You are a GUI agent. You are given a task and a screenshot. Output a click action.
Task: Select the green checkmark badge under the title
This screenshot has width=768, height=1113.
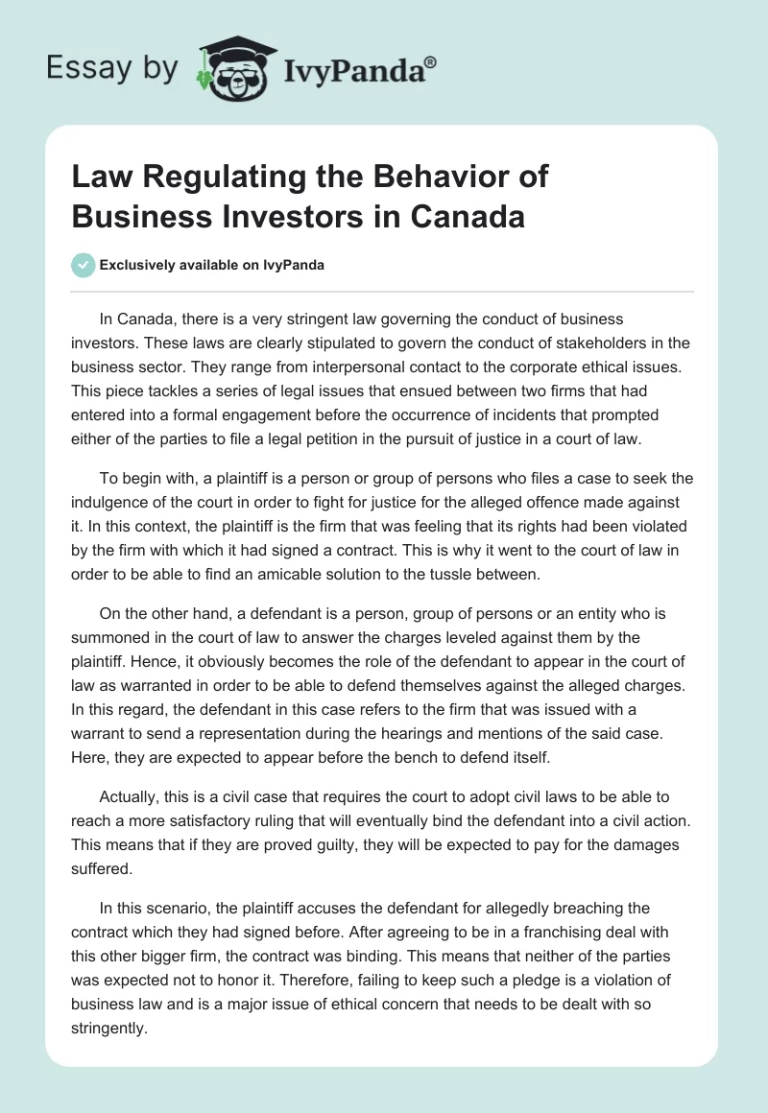(x=84, y=265)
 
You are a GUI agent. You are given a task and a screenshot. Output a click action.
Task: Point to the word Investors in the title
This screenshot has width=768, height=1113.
(x=300, y=216)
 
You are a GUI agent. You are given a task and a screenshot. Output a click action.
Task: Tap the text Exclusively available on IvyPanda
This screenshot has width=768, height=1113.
(x=212, y=265)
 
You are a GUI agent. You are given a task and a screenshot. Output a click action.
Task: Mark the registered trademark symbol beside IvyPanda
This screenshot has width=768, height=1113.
(x=430, y=60)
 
